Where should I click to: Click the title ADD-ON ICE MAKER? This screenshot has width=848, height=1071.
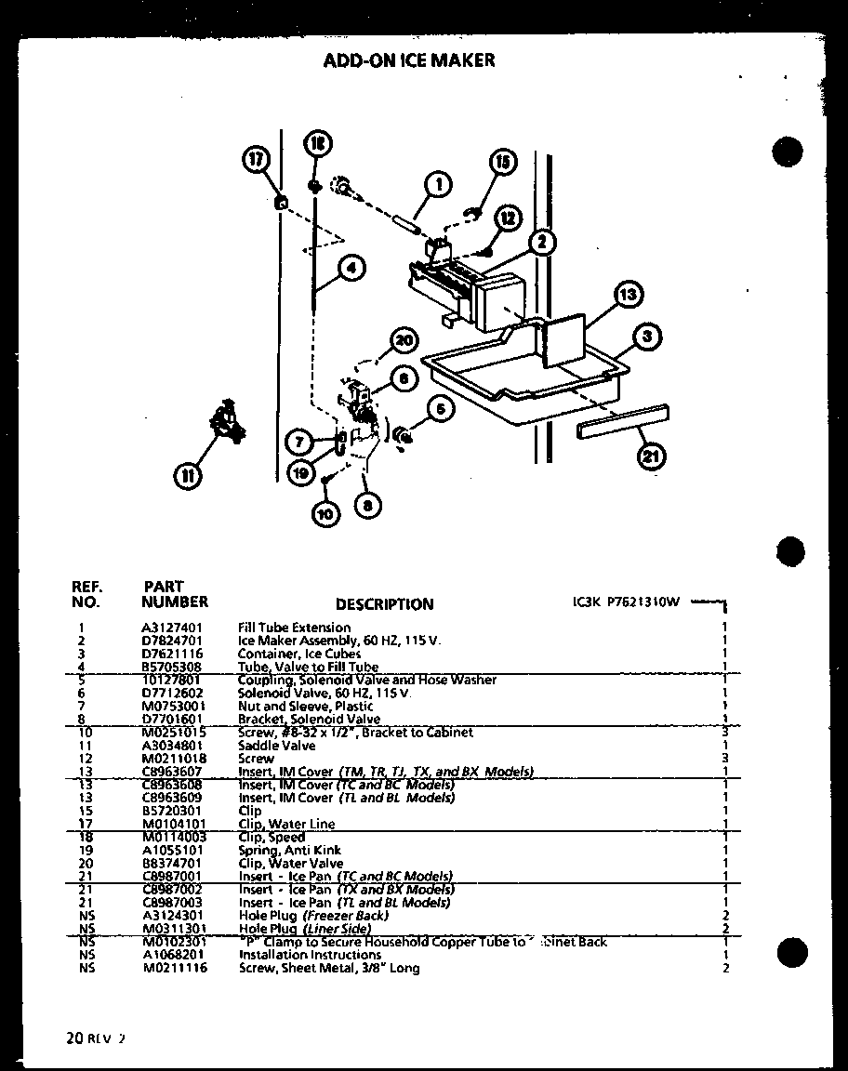pos(408,60)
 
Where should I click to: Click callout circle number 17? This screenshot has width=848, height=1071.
pos(255,161)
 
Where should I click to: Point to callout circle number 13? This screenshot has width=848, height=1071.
pos(629,297)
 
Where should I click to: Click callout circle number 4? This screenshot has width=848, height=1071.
pos(350,269)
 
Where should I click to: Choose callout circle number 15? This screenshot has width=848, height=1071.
pos(503,164)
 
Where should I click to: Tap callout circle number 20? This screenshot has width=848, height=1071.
pos(403,341)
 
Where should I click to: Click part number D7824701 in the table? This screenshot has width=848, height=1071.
pos(174,641)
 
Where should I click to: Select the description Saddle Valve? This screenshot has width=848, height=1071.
pos(277,746)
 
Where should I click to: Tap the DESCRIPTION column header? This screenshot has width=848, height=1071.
pos(384,604)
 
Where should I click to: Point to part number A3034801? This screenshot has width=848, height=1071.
pos(174,746)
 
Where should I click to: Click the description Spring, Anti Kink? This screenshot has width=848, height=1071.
pos(290,850)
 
